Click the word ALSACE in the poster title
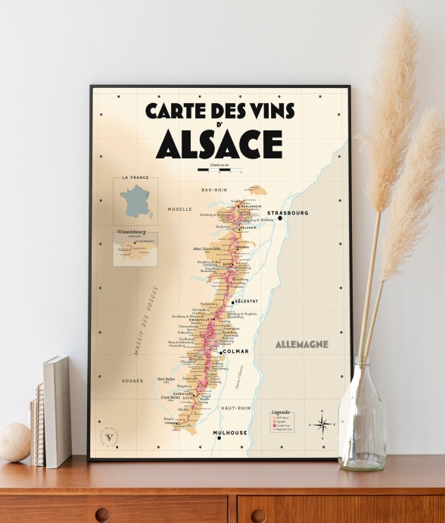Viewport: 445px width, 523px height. [219, 145]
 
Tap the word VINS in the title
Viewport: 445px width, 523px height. [267, 111]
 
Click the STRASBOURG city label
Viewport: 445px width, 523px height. [309, 213]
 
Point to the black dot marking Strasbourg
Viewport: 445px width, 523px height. [280, 218]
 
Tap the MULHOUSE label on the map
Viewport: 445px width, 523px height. [230, 433]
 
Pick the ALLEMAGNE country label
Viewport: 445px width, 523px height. [302, 344]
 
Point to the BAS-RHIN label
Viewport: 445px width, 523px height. [216, 189]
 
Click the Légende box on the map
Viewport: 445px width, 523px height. [282, 421]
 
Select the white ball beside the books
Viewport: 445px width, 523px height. [14, 442]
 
